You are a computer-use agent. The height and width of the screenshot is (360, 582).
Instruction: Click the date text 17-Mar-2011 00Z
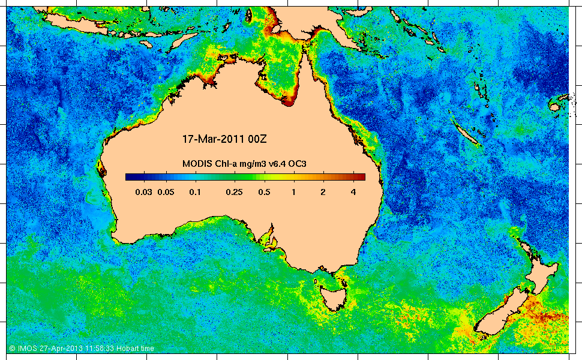(x=224, y=139)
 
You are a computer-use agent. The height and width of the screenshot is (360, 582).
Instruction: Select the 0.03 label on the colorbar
(x=144, y=192)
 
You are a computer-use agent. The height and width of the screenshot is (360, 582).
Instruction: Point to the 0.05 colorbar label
(x=165, y=192)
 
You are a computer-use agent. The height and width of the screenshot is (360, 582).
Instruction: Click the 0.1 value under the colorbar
(x=194, y=192)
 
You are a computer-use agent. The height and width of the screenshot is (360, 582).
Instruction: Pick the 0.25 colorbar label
(x=233, y=192)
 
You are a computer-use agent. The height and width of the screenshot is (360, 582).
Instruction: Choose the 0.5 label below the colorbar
(x=263, y=192)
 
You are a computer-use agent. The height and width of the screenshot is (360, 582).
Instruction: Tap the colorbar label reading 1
(x=293, y=192)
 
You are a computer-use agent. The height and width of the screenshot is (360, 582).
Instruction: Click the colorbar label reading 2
(x=323, y=192)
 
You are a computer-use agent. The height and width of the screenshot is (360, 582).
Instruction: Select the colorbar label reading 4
(x=353, y=192)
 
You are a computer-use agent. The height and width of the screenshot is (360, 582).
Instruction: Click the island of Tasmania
(x=332, y=297)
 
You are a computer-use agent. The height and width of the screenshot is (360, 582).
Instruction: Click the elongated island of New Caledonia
(x=466, y=132)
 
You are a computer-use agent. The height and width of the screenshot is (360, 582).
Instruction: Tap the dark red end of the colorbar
(x=360, y=176)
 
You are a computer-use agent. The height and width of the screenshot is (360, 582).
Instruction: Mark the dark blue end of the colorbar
(x=131, y=176)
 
